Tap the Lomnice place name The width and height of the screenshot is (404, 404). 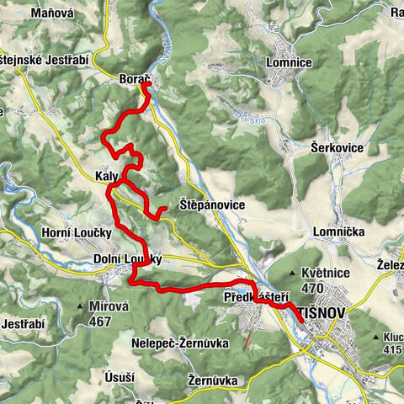[x=288, y=62]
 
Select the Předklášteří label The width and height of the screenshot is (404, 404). [x=257, y=297]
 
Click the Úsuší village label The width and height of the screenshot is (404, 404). [x=120, y=376]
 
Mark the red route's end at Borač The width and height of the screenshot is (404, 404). [x=146, y=84]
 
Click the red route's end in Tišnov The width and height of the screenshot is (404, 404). [x=301, y=322]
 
